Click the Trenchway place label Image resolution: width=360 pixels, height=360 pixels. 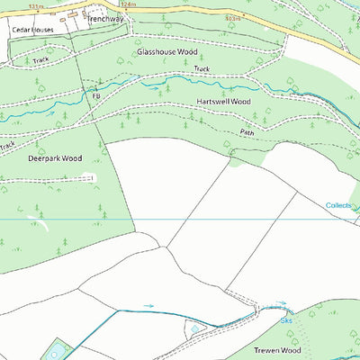(104, 17)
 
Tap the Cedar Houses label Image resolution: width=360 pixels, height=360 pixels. (32, 30)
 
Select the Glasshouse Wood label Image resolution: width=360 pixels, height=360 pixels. (166, 52)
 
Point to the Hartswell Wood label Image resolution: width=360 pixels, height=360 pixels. (223, 102)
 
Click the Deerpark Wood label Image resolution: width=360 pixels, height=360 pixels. (54, 158)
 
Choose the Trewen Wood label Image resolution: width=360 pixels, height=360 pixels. (275, 350)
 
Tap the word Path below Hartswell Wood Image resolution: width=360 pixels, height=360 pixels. (247, 131)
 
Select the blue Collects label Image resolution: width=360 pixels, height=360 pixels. (339, 206)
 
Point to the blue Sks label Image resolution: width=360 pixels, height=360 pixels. (286, 319)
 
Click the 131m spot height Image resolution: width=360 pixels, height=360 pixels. (36, 5)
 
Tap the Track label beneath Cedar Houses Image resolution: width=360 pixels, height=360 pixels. (40, 60)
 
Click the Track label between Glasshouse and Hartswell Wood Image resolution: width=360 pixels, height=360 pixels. (202, 69)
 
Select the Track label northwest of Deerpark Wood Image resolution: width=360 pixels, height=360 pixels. (8, 144)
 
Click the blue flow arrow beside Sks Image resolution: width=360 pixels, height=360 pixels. (281, 305)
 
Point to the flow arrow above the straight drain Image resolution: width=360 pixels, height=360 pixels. (148, 306)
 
